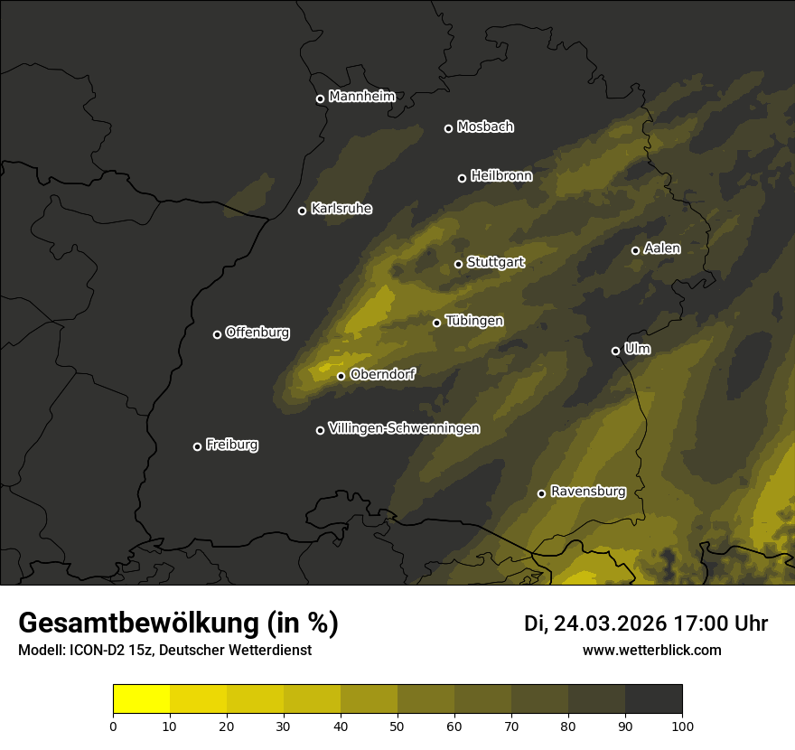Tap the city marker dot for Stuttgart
pyautogui.click(x=458, y=264)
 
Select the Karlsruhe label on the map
pyautogui.click(x=341, y=209)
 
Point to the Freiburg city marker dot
pyautogui.click(x=197, y=446)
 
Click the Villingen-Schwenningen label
pyautogui.click(x=404, y=428)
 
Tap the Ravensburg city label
pyautogui.click(x=588, y=492)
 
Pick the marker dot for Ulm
pyautogui.click(x=615, y=351)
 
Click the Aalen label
pyautogui.click(x=662, y=248)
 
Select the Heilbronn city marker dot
pyautogui.click(x=462, y=178)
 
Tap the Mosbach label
pyautogui.click(x=485, y=127)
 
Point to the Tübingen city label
pyautogui.click(x=474, y=321)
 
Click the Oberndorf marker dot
pyautogui.click(x=341, y=376)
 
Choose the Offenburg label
pyautogui.click(x=257, y=333)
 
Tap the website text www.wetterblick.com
pyautogui.click(x=652, y=650)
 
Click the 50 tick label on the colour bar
pyautogui.click(x=397, y=725)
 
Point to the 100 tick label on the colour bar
pyautogui.click(x=682, y=725)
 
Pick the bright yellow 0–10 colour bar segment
pyautogui.click(x=142, y=699)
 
